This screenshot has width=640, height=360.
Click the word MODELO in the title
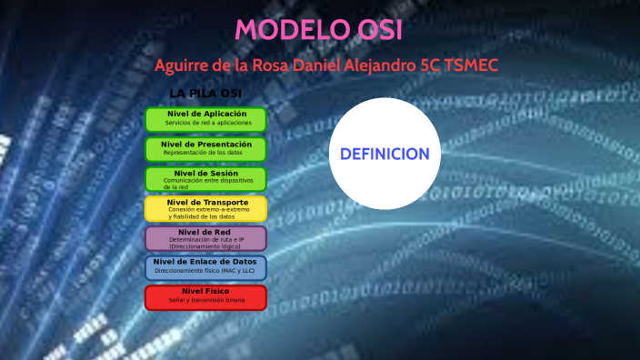282,30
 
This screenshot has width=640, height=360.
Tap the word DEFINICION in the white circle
385,154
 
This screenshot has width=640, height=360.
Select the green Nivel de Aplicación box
205,118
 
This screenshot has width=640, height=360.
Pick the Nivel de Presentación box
205,148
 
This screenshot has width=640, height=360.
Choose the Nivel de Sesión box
205,178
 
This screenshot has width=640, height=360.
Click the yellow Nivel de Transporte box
205,208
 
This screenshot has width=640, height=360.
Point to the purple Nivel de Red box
205,238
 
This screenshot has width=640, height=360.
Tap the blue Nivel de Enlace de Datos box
205,267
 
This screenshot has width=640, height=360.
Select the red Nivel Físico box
205,297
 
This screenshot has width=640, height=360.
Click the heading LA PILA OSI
205,94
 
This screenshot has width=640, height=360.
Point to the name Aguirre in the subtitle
184,66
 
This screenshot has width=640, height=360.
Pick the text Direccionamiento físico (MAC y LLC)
205,271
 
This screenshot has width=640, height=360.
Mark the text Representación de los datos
203,153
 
